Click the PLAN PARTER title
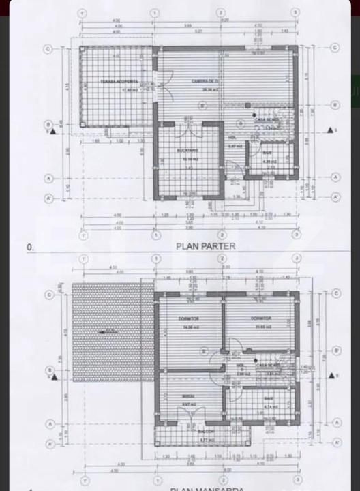click(206, 246)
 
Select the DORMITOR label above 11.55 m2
click(260, 318)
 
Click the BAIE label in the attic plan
click(269, 398)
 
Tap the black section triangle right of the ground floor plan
click(329, 130)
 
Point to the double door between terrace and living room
click(157, 89)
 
